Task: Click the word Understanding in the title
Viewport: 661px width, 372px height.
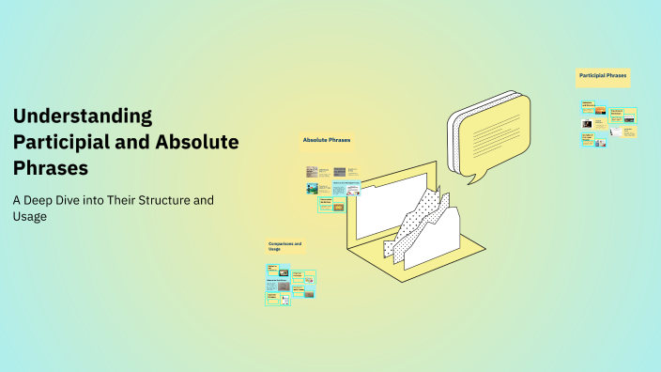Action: click(x=83, y=116)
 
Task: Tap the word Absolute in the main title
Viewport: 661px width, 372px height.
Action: click(x=193, y=143)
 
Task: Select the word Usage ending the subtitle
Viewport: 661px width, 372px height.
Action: click(x=29, y=217)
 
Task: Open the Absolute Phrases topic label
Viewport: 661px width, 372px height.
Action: click(x=327, y=141)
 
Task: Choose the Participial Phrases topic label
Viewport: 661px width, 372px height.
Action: click(x=603, y=75)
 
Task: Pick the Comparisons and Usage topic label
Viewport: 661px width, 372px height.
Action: click(x=286, y=247)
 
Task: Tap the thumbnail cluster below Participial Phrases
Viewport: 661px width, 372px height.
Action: click(x=608, y=123)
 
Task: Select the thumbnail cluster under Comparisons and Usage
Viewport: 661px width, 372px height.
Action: click(x=290, y=285)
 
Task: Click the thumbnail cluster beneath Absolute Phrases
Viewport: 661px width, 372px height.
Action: click(x=332, y=188)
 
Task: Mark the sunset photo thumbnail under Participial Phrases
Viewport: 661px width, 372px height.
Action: click(x=587, y=123)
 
